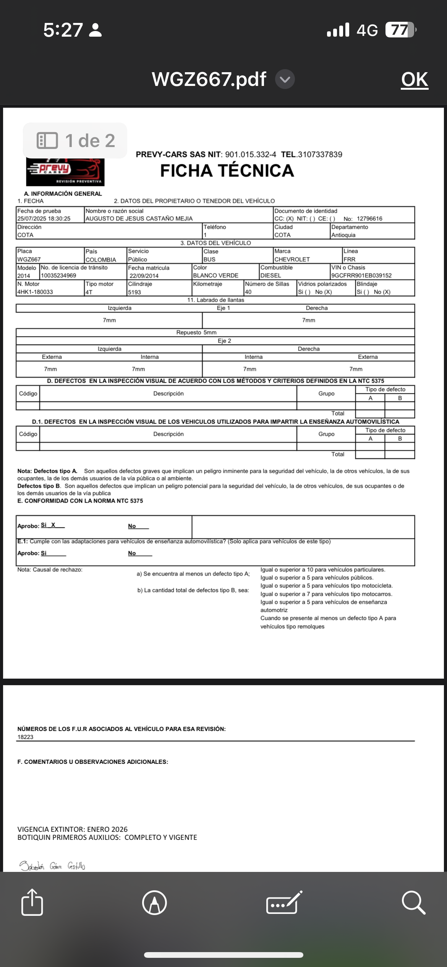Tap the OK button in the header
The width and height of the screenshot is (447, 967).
pos(415,80)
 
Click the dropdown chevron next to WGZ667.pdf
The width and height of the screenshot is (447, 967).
pos(285,79)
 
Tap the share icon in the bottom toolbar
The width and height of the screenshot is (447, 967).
pos(32,903)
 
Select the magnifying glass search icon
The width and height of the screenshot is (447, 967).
pos(413,903)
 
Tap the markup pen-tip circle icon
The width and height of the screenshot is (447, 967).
pos(154,903)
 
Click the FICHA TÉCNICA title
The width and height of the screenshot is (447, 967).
pos(227,171)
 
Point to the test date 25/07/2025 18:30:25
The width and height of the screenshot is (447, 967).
pos(44,219)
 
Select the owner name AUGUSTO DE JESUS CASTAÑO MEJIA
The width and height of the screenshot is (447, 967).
pos(139,219)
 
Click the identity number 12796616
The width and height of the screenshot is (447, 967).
pos(369,219)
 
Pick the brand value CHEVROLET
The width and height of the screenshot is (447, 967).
pos(292,259)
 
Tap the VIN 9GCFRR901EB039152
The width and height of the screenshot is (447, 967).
pos(361,275)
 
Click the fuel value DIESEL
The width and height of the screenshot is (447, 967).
pos(270,275)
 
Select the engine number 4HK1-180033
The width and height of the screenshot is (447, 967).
pos(35,292)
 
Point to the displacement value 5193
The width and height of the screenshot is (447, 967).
pos(134,292)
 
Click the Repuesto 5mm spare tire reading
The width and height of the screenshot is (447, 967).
pos(196,333)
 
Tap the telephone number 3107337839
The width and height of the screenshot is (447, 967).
pos(320,155)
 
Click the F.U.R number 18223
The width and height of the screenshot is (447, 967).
pos(25,737)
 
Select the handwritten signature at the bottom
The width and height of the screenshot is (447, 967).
pos(52,866)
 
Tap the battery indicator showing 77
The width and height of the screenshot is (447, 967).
pos(400,30)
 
